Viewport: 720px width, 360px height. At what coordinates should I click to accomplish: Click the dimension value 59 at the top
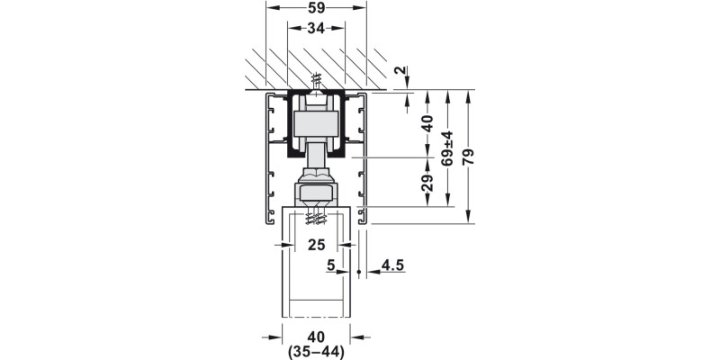316,8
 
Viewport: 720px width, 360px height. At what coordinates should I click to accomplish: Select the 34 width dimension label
316,28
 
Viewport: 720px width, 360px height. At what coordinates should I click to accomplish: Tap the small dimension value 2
400,71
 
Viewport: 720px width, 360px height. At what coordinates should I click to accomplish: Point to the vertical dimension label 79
468,157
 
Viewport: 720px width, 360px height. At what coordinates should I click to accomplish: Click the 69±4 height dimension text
447,148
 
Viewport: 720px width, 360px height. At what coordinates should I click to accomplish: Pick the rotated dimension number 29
427,183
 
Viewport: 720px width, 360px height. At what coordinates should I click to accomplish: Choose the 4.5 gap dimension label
392,265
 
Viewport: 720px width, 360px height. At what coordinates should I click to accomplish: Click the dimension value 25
316,245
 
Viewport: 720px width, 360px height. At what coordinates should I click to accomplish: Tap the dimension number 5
331,265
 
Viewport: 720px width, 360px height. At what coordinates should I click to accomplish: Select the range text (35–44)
316,352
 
